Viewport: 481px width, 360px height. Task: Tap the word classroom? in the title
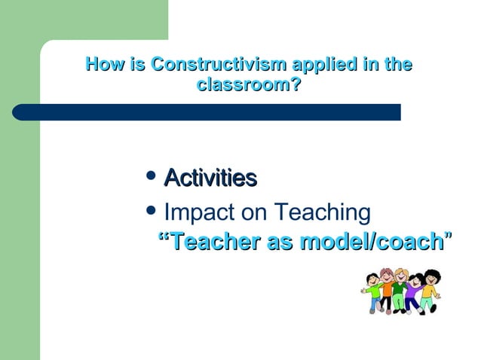249,86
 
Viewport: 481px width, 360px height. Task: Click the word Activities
210,178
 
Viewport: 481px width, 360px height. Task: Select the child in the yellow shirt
429,290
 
